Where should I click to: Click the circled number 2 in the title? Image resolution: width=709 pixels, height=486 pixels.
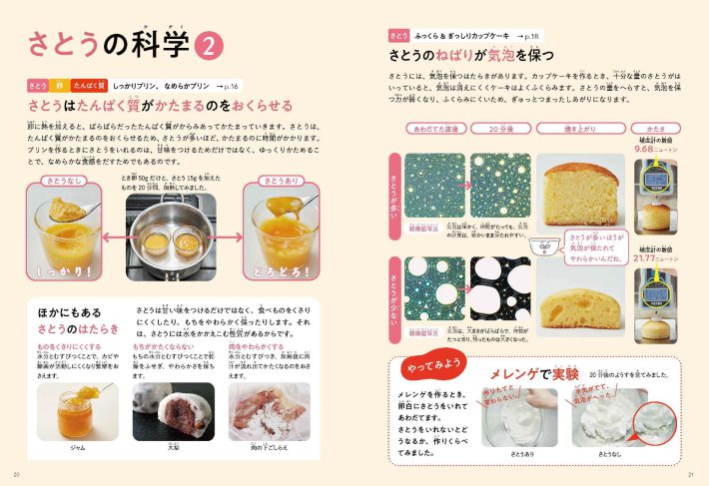pyautogui.click(x=212, y=45)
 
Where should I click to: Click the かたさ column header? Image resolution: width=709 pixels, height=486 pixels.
pyautogui.click(x=656, y=129)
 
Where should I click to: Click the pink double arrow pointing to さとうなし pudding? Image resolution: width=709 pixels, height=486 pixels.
pyautogui.click(x=113, y=237)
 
